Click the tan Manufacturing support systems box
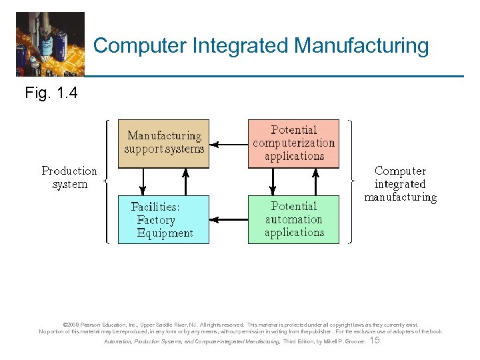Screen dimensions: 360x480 coord(163,143)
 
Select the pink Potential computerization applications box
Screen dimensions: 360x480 coord(293,143)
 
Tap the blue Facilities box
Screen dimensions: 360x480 coord(163,219)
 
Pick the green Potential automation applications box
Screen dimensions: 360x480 coord(293,219)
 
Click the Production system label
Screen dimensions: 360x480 coord(69,177)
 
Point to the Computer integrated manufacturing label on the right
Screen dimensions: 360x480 coord(400,184)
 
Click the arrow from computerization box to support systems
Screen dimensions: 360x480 coord(228,143)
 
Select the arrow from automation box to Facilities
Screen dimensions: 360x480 coord(228,219)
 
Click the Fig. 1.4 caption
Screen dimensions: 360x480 coord(51,93)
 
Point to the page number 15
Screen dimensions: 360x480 coord(375,340)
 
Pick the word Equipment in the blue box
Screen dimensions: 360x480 coord(165,233)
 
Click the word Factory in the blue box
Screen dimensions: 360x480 coord(156,220)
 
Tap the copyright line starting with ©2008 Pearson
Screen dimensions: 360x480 coord(240,325)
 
